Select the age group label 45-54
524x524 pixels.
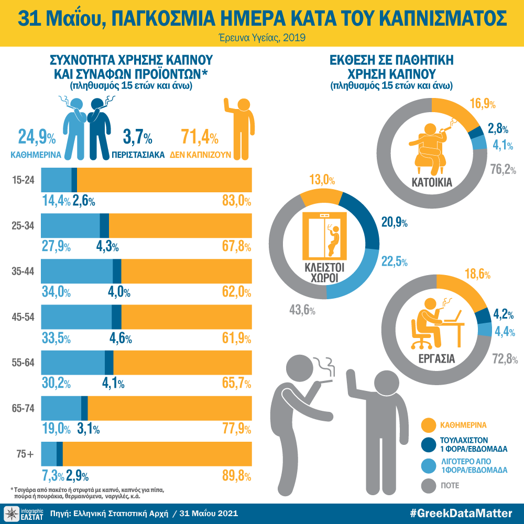pos(24,317)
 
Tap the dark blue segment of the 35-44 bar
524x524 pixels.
pos(117,271)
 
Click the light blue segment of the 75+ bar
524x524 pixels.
pos(49,454)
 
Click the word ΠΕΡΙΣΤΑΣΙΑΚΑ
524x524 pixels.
pos(139,155)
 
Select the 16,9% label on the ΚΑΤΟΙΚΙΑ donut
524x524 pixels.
pos(483,103)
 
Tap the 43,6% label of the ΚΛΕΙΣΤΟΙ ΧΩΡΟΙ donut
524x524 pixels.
pos(302,310)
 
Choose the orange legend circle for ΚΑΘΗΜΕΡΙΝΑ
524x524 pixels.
pos(429,424)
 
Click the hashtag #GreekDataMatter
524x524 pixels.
pos(462,513)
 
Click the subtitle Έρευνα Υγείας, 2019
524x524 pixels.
pos(262,38)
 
